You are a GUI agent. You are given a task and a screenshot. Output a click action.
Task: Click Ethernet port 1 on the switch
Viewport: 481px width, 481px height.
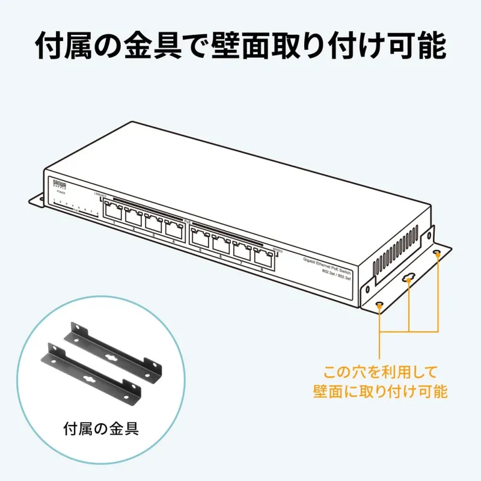click(x=114, y=210)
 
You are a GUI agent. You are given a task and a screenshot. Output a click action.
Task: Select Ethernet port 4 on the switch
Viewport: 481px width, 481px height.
click(x=174, y=229)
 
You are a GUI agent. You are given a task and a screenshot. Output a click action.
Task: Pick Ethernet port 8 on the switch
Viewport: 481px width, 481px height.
click(x=262, y=256)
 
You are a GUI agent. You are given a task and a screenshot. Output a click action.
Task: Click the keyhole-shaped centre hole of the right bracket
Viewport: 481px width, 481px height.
click(x=409, y=278)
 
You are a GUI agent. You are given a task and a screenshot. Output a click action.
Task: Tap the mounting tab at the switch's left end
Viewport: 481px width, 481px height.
click(x=35, y=200)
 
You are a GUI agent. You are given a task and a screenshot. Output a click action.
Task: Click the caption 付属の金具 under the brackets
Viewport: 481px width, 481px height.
click(x=102, y=429)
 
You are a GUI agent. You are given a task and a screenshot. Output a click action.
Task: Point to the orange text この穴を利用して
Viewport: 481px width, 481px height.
click(x=381, y=370)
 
